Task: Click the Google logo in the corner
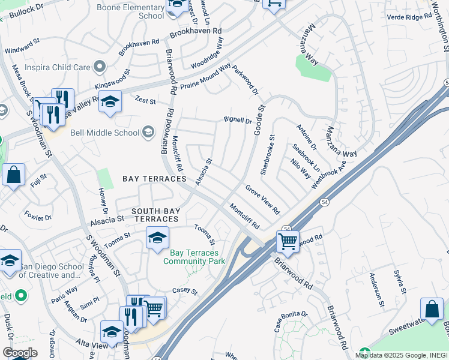(x=20, y=353)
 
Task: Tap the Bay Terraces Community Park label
(x=193, y=257)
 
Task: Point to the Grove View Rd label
(x=262, y=200)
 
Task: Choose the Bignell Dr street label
(x=238, y=120)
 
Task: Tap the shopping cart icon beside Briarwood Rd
(x=288, y=242)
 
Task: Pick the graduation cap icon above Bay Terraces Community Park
(x=157, y=238)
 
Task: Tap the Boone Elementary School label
(x=143, y=11)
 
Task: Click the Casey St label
(x=185, y=291)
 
